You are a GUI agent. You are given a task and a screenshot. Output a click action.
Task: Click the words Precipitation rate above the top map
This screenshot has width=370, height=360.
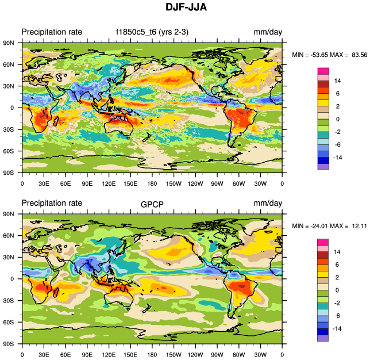coord(52,32)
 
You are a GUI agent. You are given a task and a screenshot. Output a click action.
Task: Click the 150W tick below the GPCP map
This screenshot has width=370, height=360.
coord(174,354)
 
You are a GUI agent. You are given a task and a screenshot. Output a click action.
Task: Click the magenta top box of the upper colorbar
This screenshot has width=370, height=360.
coord(323,71)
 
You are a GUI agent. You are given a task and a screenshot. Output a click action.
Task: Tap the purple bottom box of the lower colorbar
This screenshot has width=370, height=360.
coord(323,338)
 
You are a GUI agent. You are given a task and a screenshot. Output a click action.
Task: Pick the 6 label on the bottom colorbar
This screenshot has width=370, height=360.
coord(337,265)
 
